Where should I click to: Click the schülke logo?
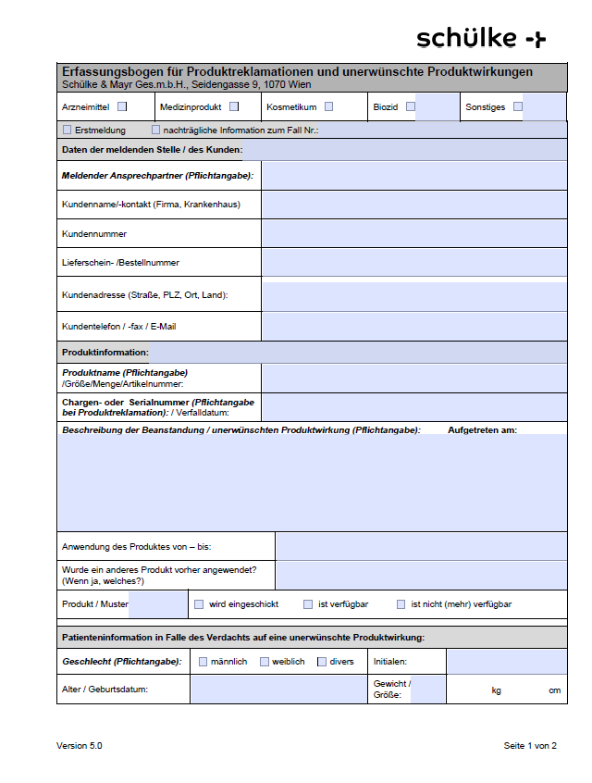coord(481,38)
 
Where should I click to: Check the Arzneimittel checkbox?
coord(122,106)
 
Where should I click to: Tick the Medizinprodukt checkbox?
coord(234,106)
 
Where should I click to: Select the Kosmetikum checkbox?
coord(328,106)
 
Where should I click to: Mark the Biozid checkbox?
coord(411,106)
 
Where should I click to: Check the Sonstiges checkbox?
coord(518,106)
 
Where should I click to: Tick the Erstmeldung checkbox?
coord(67,130)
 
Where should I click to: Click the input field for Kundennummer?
coord(413,234)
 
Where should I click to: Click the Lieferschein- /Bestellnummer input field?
coord(413,263)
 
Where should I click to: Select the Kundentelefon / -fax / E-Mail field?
coord(413,326)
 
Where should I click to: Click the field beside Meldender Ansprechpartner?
coord(413,175)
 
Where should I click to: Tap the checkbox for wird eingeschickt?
coord(199,604)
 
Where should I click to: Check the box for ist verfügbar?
coord(308,604)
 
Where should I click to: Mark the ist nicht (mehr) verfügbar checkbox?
coord(401,604)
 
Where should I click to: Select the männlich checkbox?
coord(203,662)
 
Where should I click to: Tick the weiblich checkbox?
coord(265,662)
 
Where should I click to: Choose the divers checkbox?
coord(322,662)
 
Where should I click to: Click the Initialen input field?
coord(506,662)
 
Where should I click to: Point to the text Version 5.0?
coord(80,745)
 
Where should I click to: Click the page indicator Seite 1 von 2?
coord(530,745)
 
